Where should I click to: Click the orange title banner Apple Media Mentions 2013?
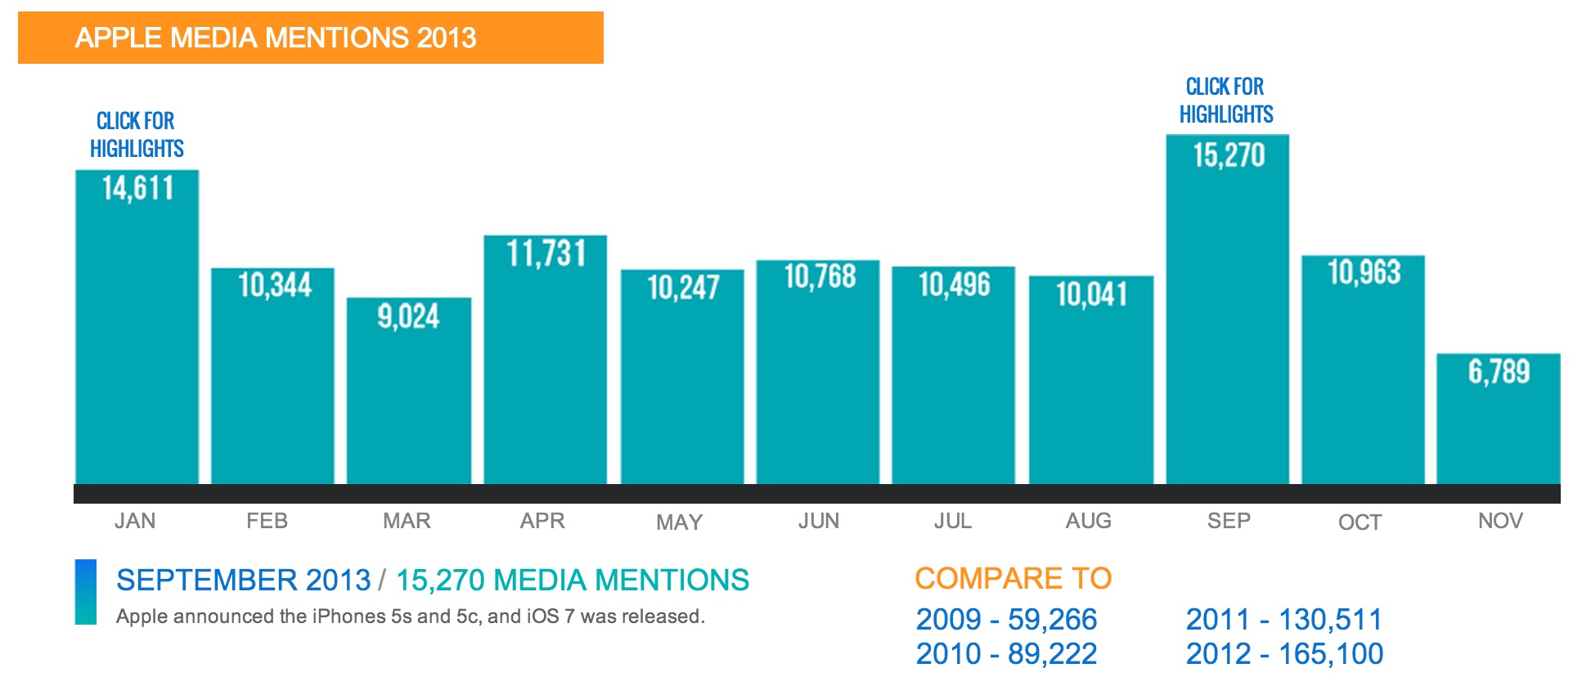coord(310,38)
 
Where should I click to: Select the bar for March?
coord(408,392)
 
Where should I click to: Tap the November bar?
coord(1498,425)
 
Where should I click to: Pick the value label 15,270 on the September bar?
coord(1229,155)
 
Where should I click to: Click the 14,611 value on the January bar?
coord(137,189)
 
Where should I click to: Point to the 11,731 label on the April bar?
coord(546,253)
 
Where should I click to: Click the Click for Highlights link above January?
coord(137,135)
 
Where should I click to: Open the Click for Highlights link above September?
coord(1225,101)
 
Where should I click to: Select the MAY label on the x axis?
coord(679,522)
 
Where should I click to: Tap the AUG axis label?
coord(1088,521)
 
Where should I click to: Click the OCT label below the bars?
coord(1360,522)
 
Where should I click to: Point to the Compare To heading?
coord(1013,578)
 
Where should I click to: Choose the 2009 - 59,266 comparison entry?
coord(1005,620)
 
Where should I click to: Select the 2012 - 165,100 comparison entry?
coord(1284,654)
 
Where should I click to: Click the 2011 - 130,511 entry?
coord(1283,620)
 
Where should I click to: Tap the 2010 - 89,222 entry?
coord(1005,654)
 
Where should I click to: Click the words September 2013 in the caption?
coord(243,580)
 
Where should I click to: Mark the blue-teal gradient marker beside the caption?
coord(85,592)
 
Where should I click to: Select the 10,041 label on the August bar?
coord(1091,294)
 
